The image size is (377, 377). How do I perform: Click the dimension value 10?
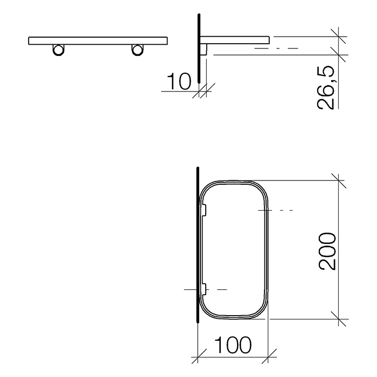click(179, 81)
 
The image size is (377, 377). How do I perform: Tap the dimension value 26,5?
click(326, 87)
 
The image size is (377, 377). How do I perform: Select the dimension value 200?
click(327, 251)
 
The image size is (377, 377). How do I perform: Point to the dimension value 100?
click(233, 345)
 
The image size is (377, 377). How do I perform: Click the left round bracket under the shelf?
click(58, 50)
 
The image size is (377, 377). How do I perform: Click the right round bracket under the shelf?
click(137, 50)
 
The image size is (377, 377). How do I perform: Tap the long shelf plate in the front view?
click(98, 40)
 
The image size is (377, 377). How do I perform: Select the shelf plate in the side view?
click(235, 40)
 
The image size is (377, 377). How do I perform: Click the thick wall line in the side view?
click(199, 48)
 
